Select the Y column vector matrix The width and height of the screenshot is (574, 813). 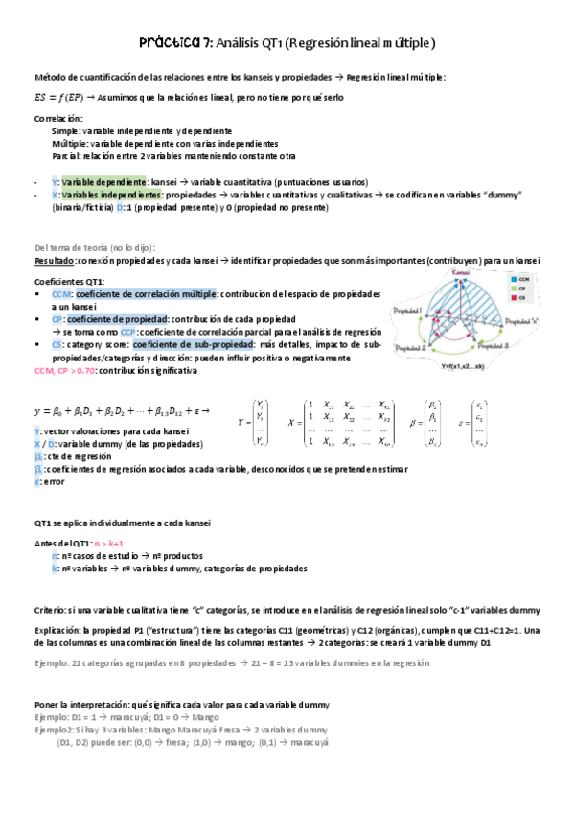260,421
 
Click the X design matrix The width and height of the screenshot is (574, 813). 344,421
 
